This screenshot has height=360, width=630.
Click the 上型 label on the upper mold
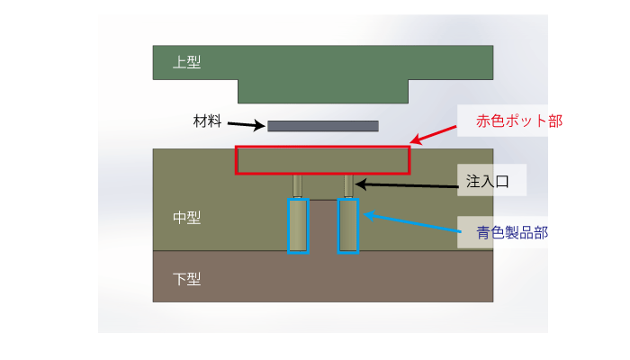click(x=187, y=63)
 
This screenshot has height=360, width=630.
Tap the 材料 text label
click(x=207, y=121)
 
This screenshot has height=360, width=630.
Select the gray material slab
click(x=322, y=126)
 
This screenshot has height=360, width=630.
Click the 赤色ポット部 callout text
click(x=508, y=121)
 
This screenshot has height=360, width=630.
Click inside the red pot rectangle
click(x=322, y=159)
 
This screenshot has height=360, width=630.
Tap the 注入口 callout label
click(x=488, y=182)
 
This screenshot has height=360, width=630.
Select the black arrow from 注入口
click(x=405, y=184)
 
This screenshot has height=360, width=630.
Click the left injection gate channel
click(x=297, y=185)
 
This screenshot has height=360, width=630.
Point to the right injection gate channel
click(x=347, y=185)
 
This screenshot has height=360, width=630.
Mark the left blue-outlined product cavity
click(x=297, y=225)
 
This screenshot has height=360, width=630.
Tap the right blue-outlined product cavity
click(x=347, y=225)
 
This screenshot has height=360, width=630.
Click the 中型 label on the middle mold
click(x=186, y=217)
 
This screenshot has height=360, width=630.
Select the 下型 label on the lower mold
click(x=186, y=278)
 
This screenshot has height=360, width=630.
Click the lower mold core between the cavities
click(x=322, y=225)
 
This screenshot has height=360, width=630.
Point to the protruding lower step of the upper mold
click(x=322, y=91)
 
